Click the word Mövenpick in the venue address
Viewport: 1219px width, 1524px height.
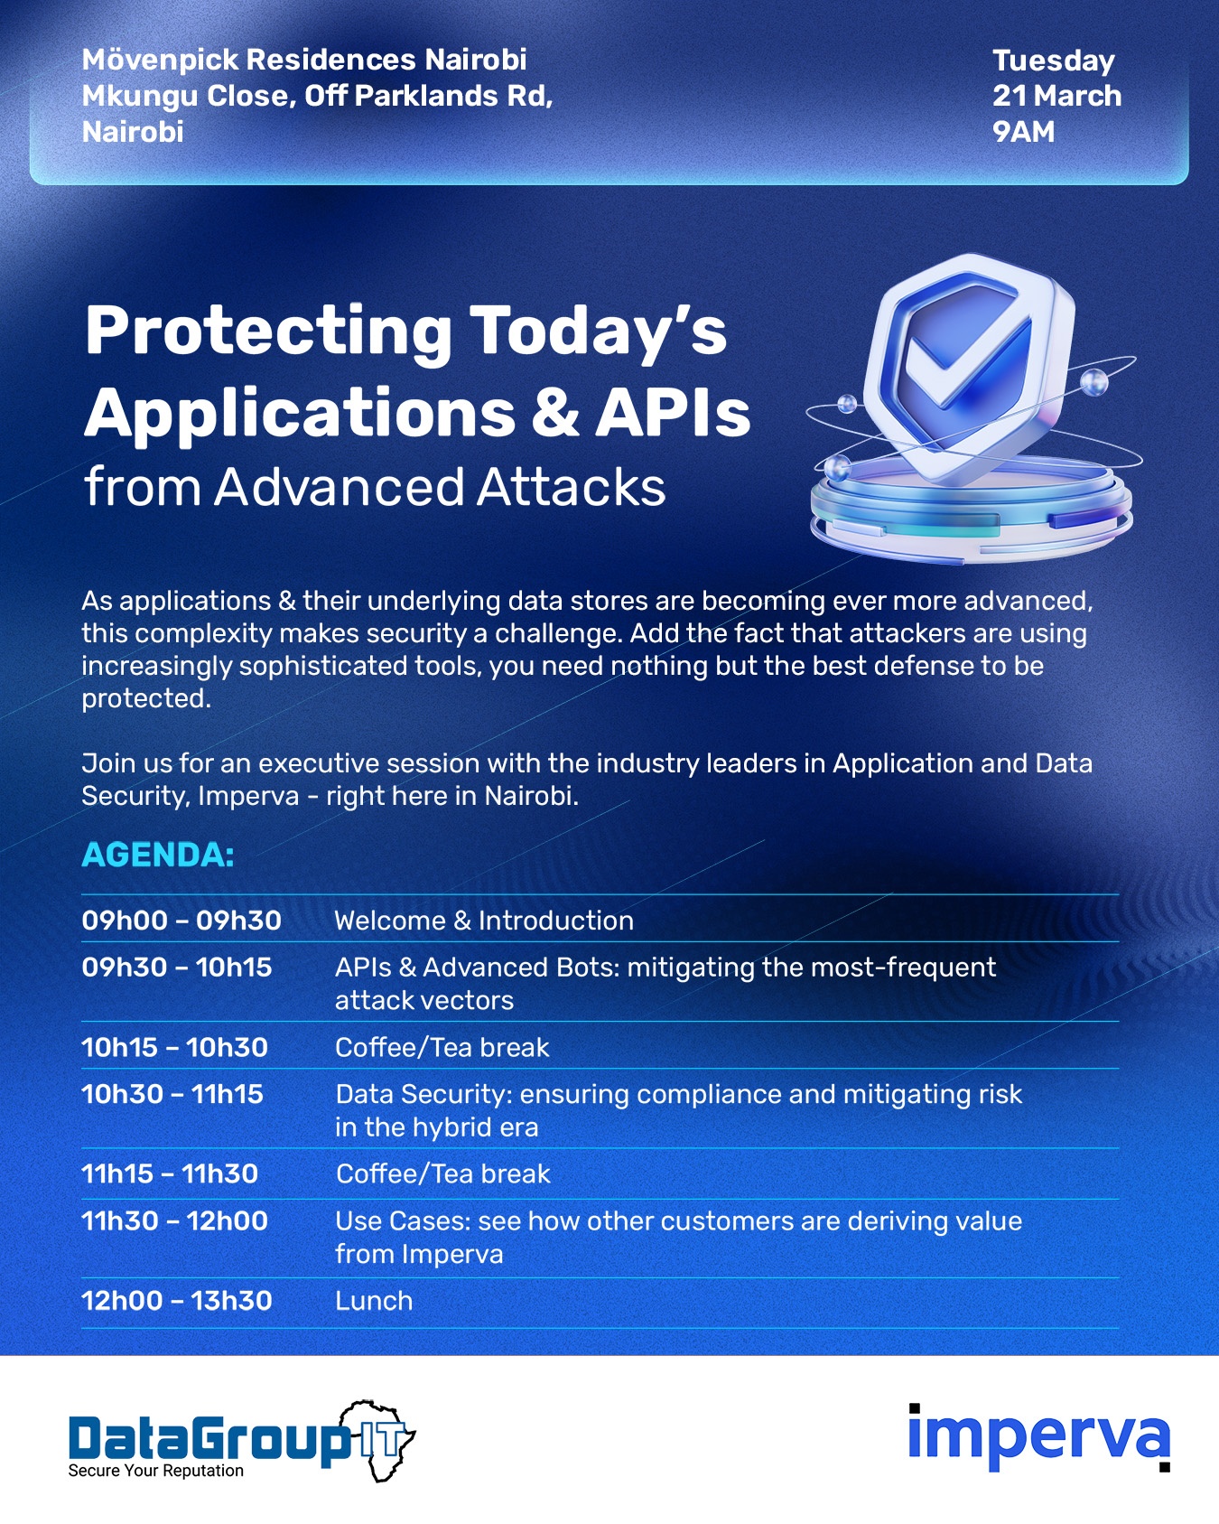[x=159, y=61]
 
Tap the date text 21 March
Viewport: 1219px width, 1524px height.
[x=1056, y=96]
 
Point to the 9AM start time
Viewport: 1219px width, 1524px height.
[x=1023, y=132]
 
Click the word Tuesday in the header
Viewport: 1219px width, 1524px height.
[x=1053, y=61]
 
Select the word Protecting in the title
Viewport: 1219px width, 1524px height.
[x=268, y=332]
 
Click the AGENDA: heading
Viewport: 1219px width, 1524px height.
[x=158, y=855]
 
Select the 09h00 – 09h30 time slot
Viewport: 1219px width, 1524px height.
[x=181, y=921]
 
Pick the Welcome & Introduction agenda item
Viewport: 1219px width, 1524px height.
[x=484, y=921]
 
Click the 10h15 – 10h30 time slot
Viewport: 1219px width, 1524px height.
[x=174, y=1047]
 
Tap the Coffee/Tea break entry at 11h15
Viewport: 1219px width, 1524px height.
[x=442, y=1173]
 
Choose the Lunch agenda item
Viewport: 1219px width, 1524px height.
[x=374, y=1301]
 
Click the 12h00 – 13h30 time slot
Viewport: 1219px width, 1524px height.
[x=177, y=1301]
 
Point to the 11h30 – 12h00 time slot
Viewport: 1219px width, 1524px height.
[x=174, y=1221]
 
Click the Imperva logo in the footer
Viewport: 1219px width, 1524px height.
[x=1039, y=1437]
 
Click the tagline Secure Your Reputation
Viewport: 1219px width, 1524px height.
[x=156, y=1471]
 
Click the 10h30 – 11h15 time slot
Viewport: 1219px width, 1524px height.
[x=172, y=1094]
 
